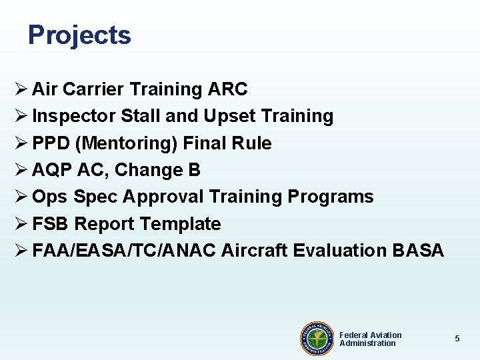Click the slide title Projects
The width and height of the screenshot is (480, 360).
click(79, 35)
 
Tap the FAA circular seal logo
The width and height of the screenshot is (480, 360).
click(317, 339)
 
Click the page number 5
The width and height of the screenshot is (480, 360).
click(457, 339)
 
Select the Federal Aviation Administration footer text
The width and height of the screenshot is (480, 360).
click(371, 339)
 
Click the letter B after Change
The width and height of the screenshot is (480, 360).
click(194, 170)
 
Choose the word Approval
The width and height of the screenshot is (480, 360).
click(163, 197)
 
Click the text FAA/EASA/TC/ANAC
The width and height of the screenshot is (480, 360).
click(124, 251)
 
